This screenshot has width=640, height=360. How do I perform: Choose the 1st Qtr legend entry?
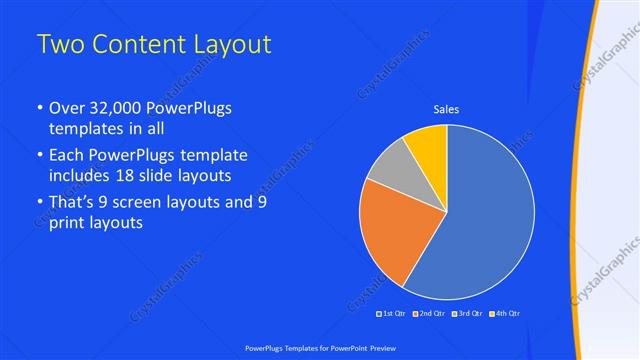391,313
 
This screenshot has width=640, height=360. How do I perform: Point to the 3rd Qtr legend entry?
469,313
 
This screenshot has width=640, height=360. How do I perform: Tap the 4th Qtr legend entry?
506,313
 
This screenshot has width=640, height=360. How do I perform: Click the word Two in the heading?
59,45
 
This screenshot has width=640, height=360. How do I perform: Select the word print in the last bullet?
67,224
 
